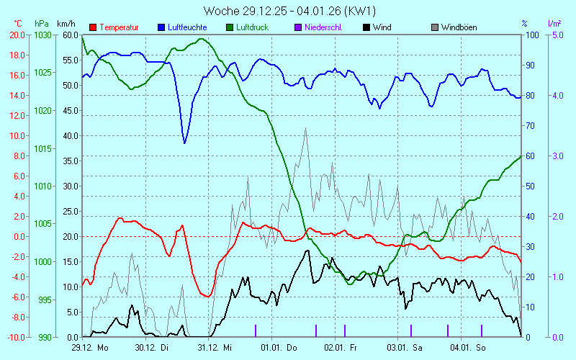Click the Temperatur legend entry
point(119,27)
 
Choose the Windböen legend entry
point(460,27)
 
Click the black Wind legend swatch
point(367,27)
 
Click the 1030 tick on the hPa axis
point(42,35)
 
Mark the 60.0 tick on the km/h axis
point(70,35)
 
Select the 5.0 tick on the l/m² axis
point(556,35)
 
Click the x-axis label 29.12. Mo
point(90,348)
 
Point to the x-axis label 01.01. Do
point(279,348)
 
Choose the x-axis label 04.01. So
point(468,348)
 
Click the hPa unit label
point(42,24)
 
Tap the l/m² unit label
point(555,24)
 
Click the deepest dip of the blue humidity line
point(184,143)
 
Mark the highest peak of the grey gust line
point(306,128)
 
